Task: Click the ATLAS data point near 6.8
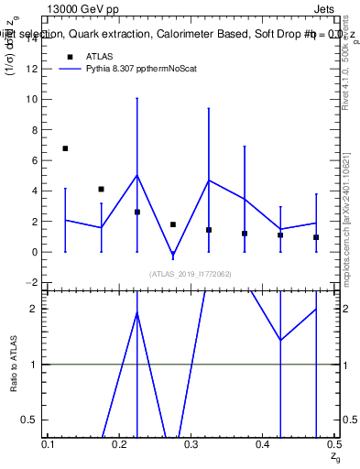tap(65, 147)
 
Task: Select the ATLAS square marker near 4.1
tap(101, 189)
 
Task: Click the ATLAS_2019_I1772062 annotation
tap(191, 273)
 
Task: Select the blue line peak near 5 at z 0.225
tap(137, 175)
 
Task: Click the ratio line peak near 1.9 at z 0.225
tap(137, 313)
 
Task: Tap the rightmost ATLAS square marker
tap(316, 237)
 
